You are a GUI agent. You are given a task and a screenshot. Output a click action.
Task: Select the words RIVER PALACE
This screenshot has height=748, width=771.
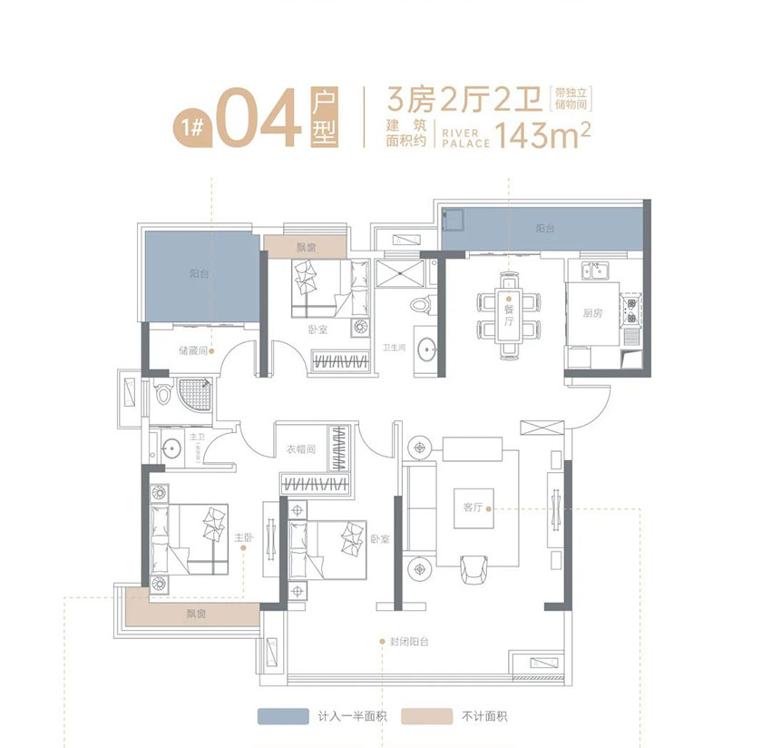[465, 137]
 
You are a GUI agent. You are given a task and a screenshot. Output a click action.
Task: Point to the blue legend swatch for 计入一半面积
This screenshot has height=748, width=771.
[283, 716]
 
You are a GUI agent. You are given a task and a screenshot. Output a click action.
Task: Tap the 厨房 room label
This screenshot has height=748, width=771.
[593, 313]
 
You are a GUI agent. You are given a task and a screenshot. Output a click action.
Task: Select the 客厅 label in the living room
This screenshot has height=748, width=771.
[473, 508]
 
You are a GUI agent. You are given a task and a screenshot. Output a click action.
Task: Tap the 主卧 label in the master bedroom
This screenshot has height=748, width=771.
[242, 538]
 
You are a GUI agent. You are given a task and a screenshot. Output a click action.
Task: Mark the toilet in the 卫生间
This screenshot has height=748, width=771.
[419, 306]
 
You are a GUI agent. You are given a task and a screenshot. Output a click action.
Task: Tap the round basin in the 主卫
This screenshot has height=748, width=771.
[171, 448]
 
